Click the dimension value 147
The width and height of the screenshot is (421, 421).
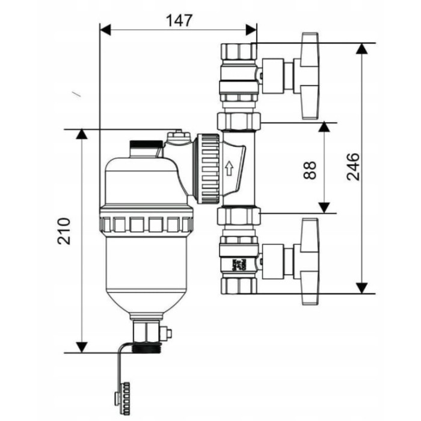pos(179,20)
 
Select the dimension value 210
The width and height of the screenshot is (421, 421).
pos(64,231)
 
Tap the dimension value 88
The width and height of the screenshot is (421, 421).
pos(310,170)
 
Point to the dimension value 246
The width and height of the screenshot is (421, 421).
pos(352,167)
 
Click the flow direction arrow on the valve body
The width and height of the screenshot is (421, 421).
pos(229,168)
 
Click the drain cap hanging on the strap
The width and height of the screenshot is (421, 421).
pos(123,397)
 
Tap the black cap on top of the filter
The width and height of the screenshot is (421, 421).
pos(146,144)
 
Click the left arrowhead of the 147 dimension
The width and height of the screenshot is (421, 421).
pos(105,29)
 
